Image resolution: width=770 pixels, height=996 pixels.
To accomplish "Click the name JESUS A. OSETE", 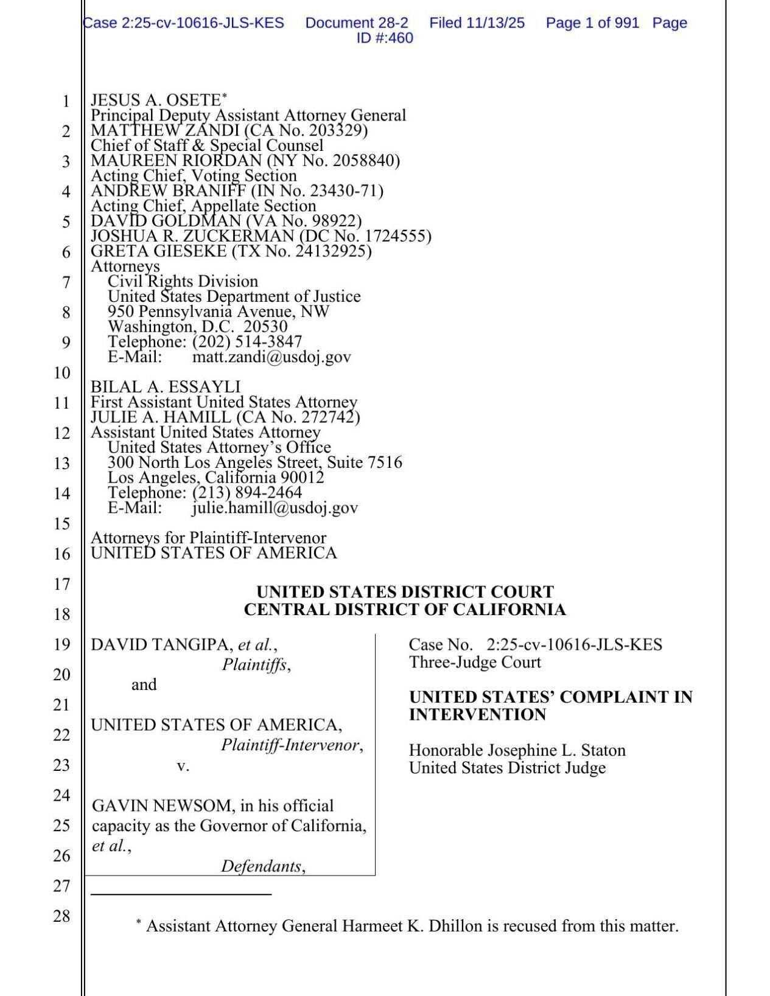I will coord(155,100).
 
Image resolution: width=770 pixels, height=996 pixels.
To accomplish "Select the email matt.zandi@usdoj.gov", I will coord(271,357).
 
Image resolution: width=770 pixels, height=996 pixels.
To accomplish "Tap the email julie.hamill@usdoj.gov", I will coord(275,508).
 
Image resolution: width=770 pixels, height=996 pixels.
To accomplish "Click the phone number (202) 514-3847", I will coord(247,342).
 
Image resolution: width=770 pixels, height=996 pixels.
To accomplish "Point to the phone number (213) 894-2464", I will coord(247,492).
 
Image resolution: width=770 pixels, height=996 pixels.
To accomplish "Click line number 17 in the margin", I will coord(61,584).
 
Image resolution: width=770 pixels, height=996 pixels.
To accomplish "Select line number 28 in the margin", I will coord(61,916).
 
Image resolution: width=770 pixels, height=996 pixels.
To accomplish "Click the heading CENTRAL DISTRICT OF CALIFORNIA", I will coord(405,610).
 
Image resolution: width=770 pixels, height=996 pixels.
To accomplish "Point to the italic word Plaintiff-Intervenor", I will coord(290,745).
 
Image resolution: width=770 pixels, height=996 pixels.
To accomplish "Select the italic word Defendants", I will coord(261,866).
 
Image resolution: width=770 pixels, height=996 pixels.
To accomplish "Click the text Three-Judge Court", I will coord(475,663).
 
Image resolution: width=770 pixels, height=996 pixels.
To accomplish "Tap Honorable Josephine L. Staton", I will coord(517,751).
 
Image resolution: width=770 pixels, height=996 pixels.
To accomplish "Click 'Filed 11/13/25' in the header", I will coord(477,23).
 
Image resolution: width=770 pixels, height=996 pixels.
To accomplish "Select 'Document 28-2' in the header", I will coord(357,23).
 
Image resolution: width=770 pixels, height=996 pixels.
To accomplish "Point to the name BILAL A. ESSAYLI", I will coord(166,387).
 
